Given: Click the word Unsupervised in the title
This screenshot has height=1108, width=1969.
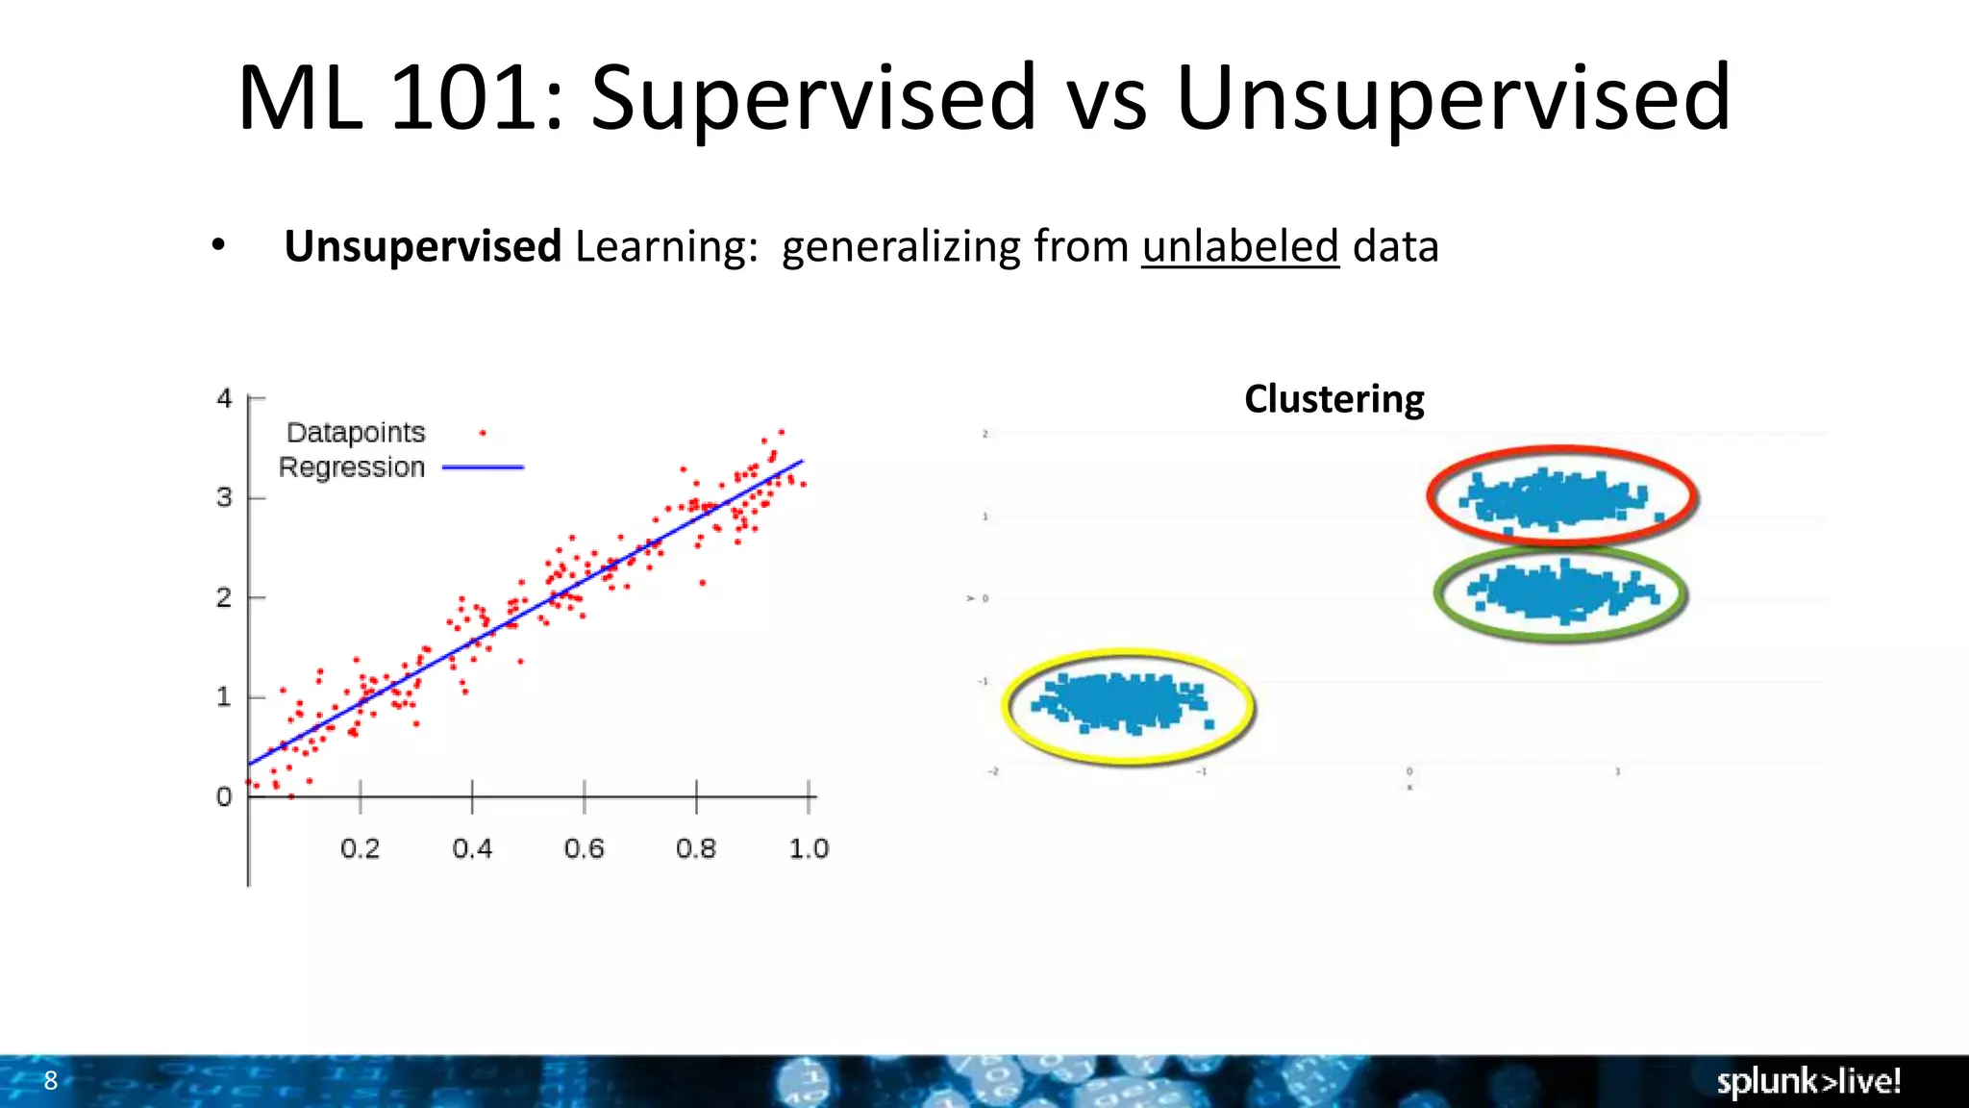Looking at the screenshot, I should [x=1452, y=99].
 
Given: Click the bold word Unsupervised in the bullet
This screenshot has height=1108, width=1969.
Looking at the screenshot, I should [x=422, y=246].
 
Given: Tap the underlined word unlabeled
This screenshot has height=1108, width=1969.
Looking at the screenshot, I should [x=1240, y=246].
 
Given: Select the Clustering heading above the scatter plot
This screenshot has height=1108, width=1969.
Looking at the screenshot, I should [x=1333, y=399].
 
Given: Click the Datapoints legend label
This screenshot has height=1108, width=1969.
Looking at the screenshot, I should [x=356, y=433].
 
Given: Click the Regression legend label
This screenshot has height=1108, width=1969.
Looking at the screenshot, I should [x=352, y=467].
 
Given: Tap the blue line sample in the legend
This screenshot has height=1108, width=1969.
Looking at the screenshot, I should [x=483, y=467].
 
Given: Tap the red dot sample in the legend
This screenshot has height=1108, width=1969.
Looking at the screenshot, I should [x=483, y=434].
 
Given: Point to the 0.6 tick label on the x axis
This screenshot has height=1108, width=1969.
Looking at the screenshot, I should [x=584, y=848].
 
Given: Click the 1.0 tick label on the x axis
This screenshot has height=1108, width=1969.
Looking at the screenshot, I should [x=809, y=848].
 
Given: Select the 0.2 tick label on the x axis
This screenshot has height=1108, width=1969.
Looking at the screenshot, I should [x=360, y=848].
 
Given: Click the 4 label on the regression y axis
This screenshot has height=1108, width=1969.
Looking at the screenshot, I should [x=224, y=398].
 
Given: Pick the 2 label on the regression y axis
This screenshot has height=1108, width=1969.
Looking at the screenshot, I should [x=224, y=597].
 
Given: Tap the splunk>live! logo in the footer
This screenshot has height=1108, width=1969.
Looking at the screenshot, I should [x=1808, y=1081].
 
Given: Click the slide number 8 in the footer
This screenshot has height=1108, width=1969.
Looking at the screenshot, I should [x=51, y=1080].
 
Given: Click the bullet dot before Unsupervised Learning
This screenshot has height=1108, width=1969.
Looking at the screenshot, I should [x=218, y=246].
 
